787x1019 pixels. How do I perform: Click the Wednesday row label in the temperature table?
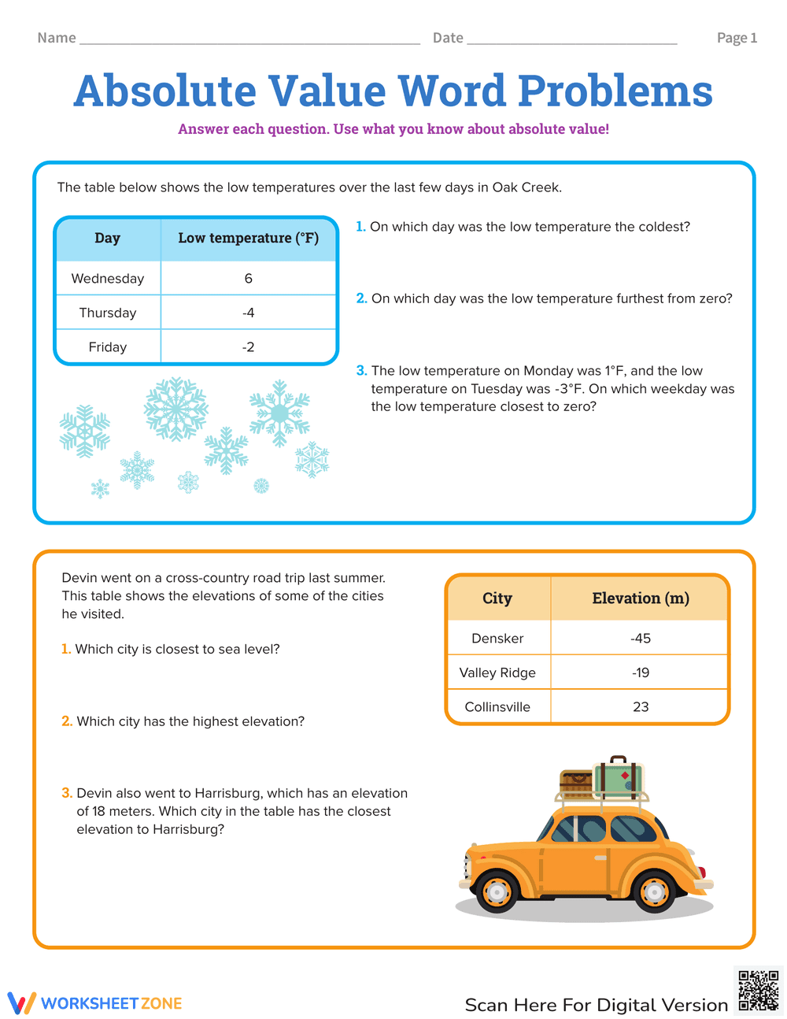(x=108, y=279)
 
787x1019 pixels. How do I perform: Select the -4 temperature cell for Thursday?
(x=249, y=313)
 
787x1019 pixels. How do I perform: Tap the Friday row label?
(x=108, y=347)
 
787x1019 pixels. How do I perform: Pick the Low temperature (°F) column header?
(x=249, y=238)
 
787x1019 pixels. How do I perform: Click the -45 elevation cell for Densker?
(x=641, y=639)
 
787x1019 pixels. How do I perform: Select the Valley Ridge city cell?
(x=497, y=673)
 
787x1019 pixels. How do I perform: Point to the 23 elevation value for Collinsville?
(x=641, y=707)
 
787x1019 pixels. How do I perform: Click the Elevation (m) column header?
(x=641, y=598)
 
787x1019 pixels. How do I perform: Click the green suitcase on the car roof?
(x=619, y=777)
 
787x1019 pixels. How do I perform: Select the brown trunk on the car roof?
(x=576, y=784)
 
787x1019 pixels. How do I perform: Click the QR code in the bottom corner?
(x=759, y=991)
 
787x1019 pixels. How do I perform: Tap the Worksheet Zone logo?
(x=95, y=1003)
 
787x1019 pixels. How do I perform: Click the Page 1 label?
(x=737, y=38)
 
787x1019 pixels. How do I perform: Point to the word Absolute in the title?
(x=165, y=91)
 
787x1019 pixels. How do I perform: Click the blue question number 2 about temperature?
(x=361, y=298)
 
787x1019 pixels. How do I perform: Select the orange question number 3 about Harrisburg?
(x=67, y=793)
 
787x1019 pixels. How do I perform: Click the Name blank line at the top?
(x=249, y=39)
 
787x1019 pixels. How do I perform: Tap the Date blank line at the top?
(x=572, y=39)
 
